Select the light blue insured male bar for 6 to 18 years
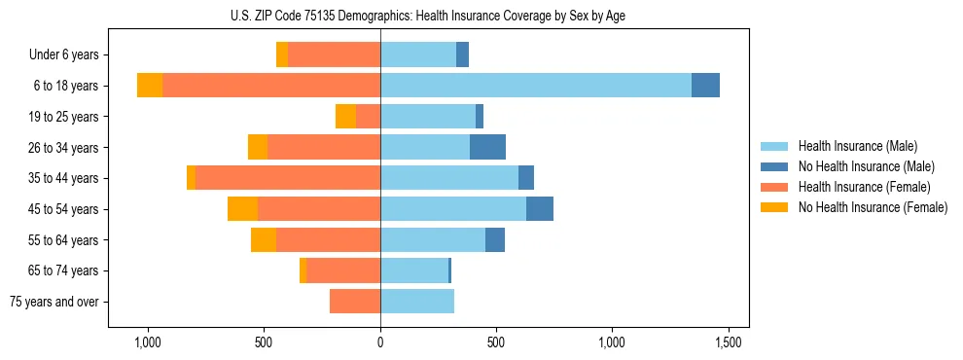click(x=535, y=86)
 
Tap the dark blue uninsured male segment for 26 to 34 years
click(x=487, y=147)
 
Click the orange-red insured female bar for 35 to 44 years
click(x=287, y=178)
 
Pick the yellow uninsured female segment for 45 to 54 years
click(x=242, y=209)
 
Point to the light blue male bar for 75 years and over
click(x=417, y=302)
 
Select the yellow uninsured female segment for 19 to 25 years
click(x=345, y=117)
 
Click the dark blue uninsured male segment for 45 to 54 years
click(x=540, y=209)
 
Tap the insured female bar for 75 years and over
click(x=355, y=302)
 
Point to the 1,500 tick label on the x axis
click(x=729, y=343)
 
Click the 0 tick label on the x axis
click(x=380, y=343)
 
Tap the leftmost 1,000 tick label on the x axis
click(x=148, y=343)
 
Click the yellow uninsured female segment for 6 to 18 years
click(x=150, y=86)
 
